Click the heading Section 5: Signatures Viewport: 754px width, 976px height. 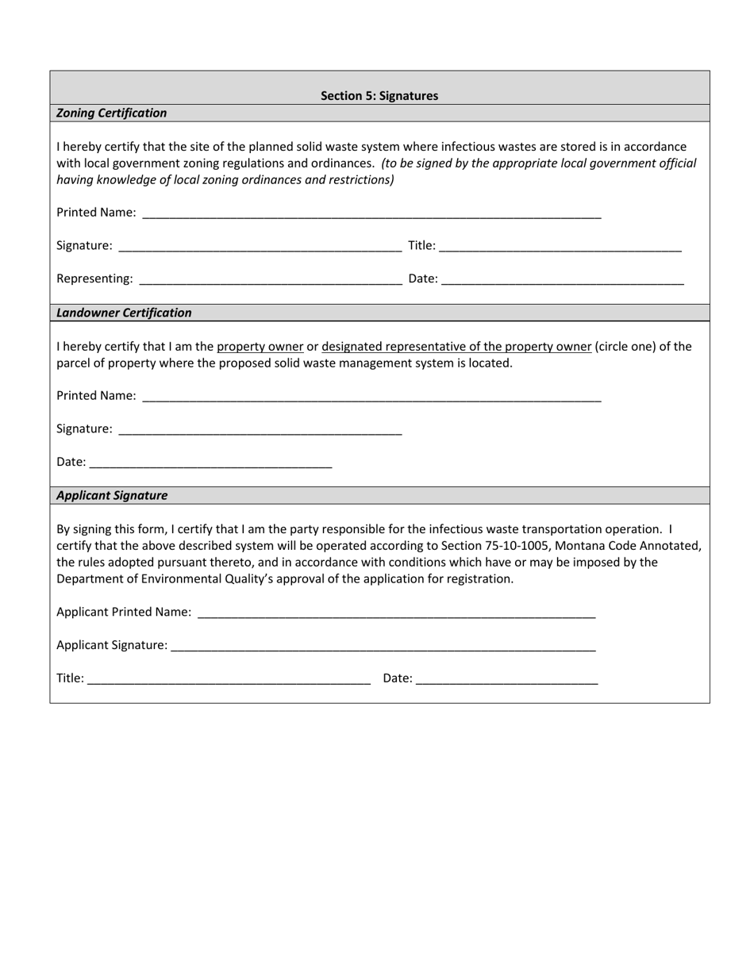click(379, 96)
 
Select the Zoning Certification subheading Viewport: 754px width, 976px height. click(112, 113)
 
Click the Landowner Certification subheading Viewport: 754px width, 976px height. click(124, 313)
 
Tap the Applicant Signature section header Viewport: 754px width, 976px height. click(112, 495)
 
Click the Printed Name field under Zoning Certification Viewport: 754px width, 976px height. click(371, 213)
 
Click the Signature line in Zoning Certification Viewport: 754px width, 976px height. click(260, 246)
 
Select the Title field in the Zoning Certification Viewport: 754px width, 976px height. click(560, 246)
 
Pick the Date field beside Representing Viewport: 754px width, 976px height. click(562, 279)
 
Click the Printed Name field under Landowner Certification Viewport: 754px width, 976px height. click(371, 396)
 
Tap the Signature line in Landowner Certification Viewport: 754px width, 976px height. click(260, 429)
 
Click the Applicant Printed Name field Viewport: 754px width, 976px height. click(396, 613)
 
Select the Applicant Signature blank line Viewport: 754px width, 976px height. click(383, 646)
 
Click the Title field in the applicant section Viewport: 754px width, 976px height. click(229, 678)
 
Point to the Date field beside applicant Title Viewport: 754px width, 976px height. click(506, 678)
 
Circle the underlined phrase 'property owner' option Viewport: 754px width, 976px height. click(260, 347)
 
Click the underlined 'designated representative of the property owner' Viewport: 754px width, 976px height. click(456, 347)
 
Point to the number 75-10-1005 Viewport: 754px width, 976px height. click(525, 546)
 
